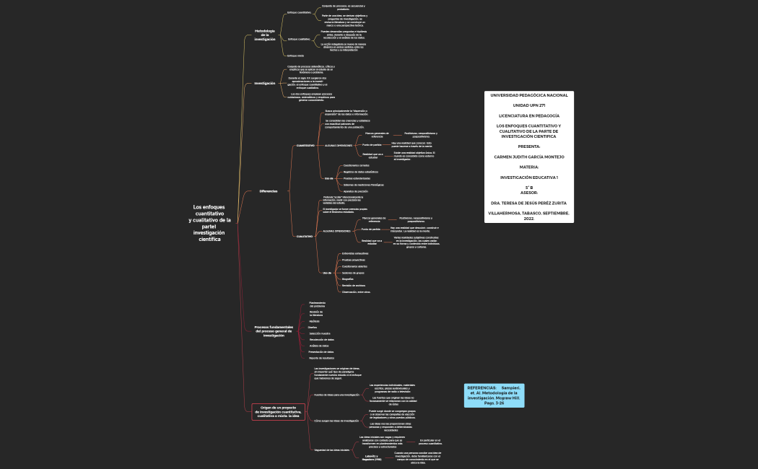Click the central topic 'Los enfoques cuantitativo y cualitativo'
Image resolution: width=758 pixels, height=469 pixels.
(x=209, y=223)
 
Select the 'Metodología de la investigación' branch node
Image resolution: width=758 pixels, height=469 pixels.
(x=265, y=35)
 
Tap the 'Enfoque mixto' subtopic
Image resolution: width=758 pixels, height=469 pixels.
(x=295, y=56)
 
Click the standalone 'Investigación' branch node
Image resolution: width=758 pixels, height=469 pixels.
(x=265, y=83)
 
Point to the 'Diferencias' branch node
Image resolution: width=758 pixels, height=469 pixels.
(x=269, y=191)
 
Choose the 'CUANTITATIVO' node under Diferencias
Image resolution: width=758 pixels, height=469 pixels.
(x=305, y=145)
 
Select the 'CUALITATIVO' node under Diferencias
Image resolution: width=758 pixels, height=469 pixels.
(x=305, y=236)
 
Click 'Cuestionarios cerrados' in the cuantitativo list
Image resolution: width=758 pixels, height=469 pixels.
(x=357, y=165)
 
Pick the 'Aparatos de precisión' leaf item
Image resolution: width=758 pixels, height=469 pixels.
(x=356, y=191)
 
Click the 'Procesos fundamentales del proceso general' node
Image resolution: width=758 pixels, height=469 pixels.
(x=274, y=331)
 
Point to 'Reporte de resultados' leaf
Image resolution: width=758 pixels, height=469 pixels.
(x=321, y=358)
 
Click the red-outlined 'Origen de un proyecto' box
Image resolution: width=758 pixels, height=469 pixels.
(x=278, y=413)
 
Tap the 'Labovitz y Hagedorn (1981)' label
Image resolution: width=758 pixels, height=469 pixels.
(x=372, y=457)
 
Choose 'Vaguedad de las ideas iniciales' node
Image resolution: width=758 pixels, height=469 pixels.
(x=332, y=450)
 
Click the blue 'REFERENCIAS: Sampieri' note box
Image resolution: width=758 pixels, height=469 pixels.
(x=494, y=395)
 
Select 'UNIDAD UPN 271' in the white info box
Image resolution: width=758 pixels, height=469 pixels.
(x=528, y=105)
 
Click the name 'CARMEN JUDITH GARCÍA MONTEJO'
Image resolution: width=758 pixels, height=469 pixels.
(x=528, y=157)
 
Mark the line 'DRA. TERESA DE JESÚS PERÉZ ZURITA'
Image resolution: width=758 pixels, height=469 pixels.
(x=528, y=203)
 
